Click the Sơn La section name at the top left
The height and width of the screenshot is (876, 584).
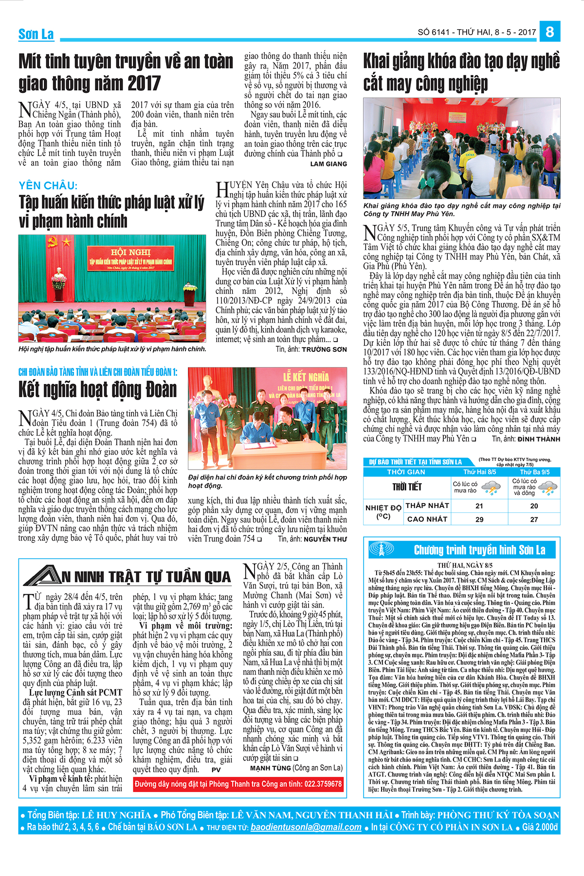36,34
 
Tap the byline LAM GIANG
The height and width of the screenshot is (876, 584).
328,164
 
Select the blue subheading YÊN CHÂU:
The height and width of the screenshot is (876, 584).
48,185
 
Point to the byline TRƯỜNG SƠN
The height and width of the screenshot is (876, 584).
324,349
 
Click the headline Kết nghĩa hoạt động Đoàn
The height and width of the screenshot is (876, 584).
97,390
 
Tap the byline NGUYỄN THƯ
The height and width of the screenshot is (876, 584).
325,539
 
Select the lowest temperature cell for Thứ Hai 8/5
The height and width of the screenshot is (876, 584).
479,506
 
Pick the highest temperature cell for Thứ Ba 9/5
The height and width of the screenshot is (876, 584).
534,519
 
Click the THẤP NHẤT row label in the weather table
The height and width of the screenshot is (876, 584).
427,506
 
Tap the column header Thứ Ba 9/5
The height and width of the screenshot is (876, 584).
534,472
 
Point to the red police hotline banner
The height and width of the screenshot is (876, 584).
238,784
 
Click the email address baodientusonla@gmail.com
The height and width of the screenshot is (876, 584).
306,827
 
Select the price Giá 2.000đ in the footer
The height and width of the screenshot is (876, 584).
540,827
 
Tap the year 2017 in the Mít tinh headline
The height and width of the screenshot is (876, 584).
144,84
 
